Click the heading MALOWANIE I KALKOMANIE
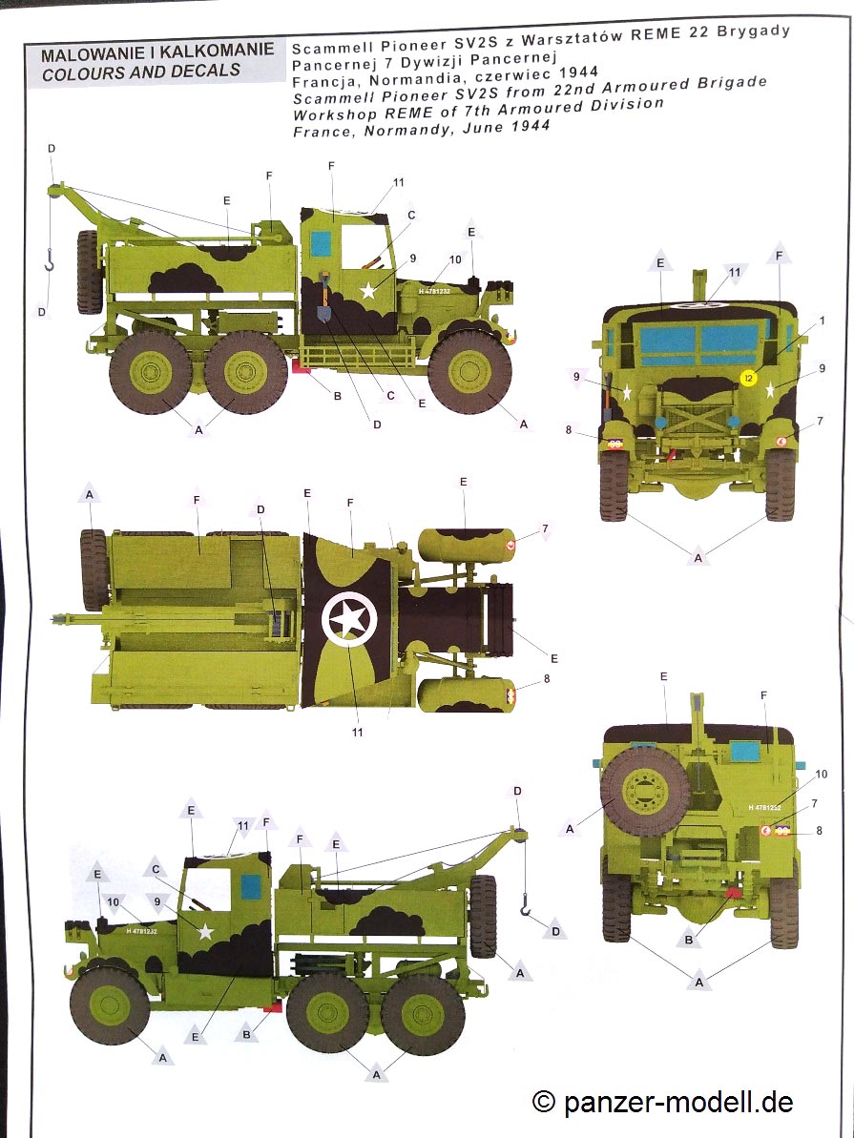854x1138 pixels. pyautogui.click(x=157, y=53)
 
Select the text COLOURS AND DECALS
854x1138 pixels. pyautogui.click(x=141, y=72)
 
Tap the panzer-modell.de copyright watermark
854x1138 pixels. pyautogui.click(x=662, y=1102)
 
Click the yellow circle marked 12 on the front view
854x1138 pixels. pyautogui.click(x=749, y=378)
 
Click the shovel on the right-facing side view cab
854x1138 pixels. pyautogui.click(x=323, y=298)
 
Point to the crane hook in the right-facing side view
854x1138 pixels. pyautogui.click(x=50, y=259)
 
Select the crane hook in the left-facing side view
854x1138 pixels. pyautogui.click(x=524, y=905)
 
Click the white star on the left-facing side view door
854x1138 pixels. pyautogui.click(x=205, y=931)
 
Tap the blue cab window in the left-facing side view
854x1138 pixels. pyautogui.click(x=251, y=886)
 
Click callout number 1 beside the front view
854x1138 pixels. pyautogui.click(x=823, y=321)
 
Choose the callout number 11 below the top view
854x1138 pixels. pyautogui.click(x=357, y=733)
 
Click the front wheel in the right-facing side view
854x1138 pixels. pyautogui.click(x=469, y=372)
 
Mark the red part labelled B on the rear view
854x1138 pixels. pyautogui.click(x=735, y=891)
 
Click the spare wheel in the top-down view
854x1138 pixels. pyautogui.click(x=94, y=569)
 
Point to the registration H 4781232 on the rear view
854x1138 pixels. pyautogui.click(x=764, y=807)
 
